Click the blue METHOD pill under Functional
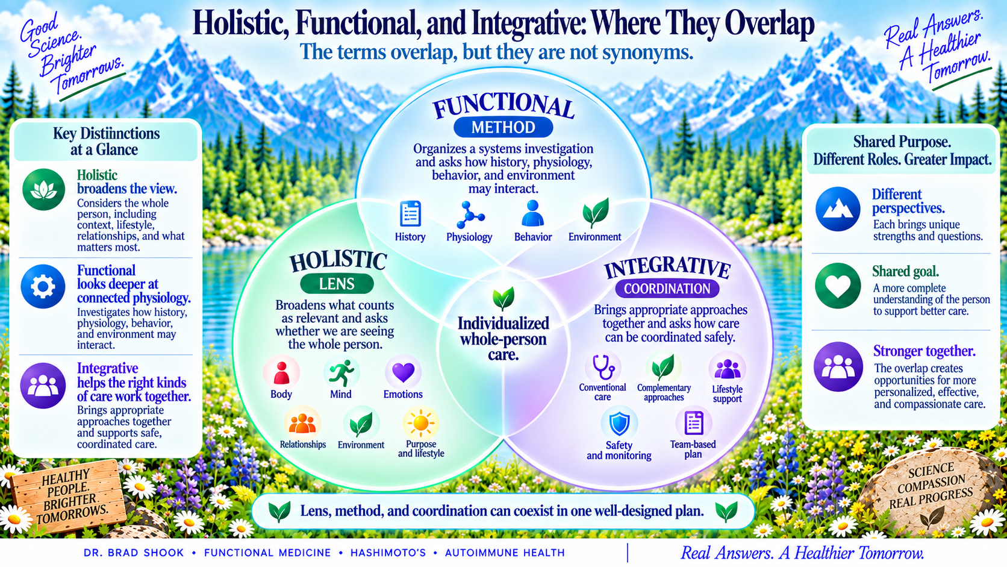(503, 127)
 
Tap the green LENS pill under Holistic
(337, 284)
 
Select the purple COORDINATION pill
(667, 289)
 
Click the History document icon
(410, 213)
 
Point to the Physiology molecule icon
(470, 215)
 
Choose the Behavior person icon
(533, 213)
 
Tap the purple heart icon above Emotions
(403, 372)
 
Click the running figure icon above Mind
(341, 373)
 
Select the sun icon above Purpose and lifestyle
(421, 423)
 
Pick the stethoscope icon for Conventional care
(603, 367)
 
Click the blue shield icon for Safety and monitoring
(619, 424)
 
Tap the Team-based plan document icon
(693, 422)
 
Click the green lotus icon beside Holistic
(43, 189)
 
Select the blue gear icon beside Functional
(43, 286)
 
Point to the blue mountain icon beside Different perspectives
(838, 209)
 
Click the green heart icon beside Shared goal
(838, 286)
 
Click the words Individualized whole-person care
(503, 339)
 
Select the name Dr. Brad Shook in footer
(134, 553)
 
